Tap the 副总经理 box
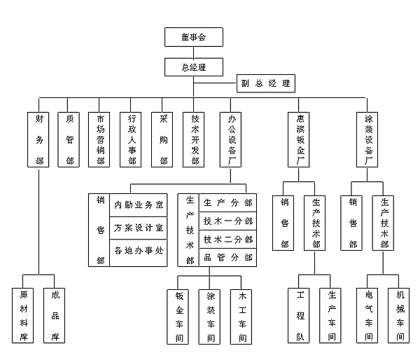tap(265, 84)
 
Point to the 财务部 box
tap(39, 140)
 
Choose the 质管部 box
tap(70, 140)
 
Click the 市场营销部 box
tap(101, 140)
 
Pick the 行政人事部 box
tap(132, 140)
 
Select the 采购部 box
tap(163, 140)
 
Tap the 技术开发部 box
tap(195, 140)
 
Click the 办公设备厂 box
tap(231, 140)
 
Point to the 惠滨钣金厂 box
tap(300, 140)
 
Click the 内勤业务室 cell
tap(139, 205)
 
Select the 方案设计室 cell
tap(139, 228)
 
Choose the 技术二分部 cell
tap(227, 240)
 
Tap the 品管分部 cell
tap(227, 258)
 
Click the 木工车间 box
tap(241, 315)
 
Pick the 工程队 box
tap(300, 315)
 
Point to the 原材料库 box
tap(24, 315)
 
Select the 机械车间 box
tap(400, 315)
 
